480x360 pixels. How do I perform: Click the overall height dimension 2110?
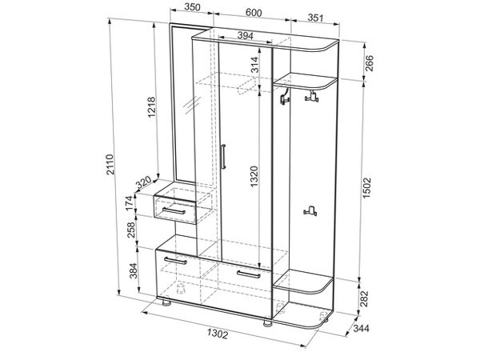[x=110, y=164]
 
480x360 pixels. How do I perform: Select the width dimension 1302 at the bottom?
[x=218, y=334]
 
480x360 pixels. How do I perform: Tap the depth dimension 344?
[x=362, y=329]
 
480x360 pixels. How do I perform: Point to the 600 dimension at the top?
[x=254, y=13]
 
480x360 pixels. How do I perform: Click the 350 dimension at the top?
[x=192, y=7]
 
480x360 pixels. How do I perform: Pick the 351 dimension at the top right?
[x=315, y=18]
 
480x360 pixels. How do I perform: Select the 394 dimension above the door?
[x=246, y=36]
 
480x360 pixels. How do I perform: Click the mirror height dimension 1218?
[x=151, y=107]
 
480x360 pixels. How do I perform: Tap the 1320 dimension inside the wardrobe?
[x=254, y=177]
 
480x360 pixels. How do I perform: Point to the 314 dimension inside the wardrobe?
[x=254, y=65]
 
